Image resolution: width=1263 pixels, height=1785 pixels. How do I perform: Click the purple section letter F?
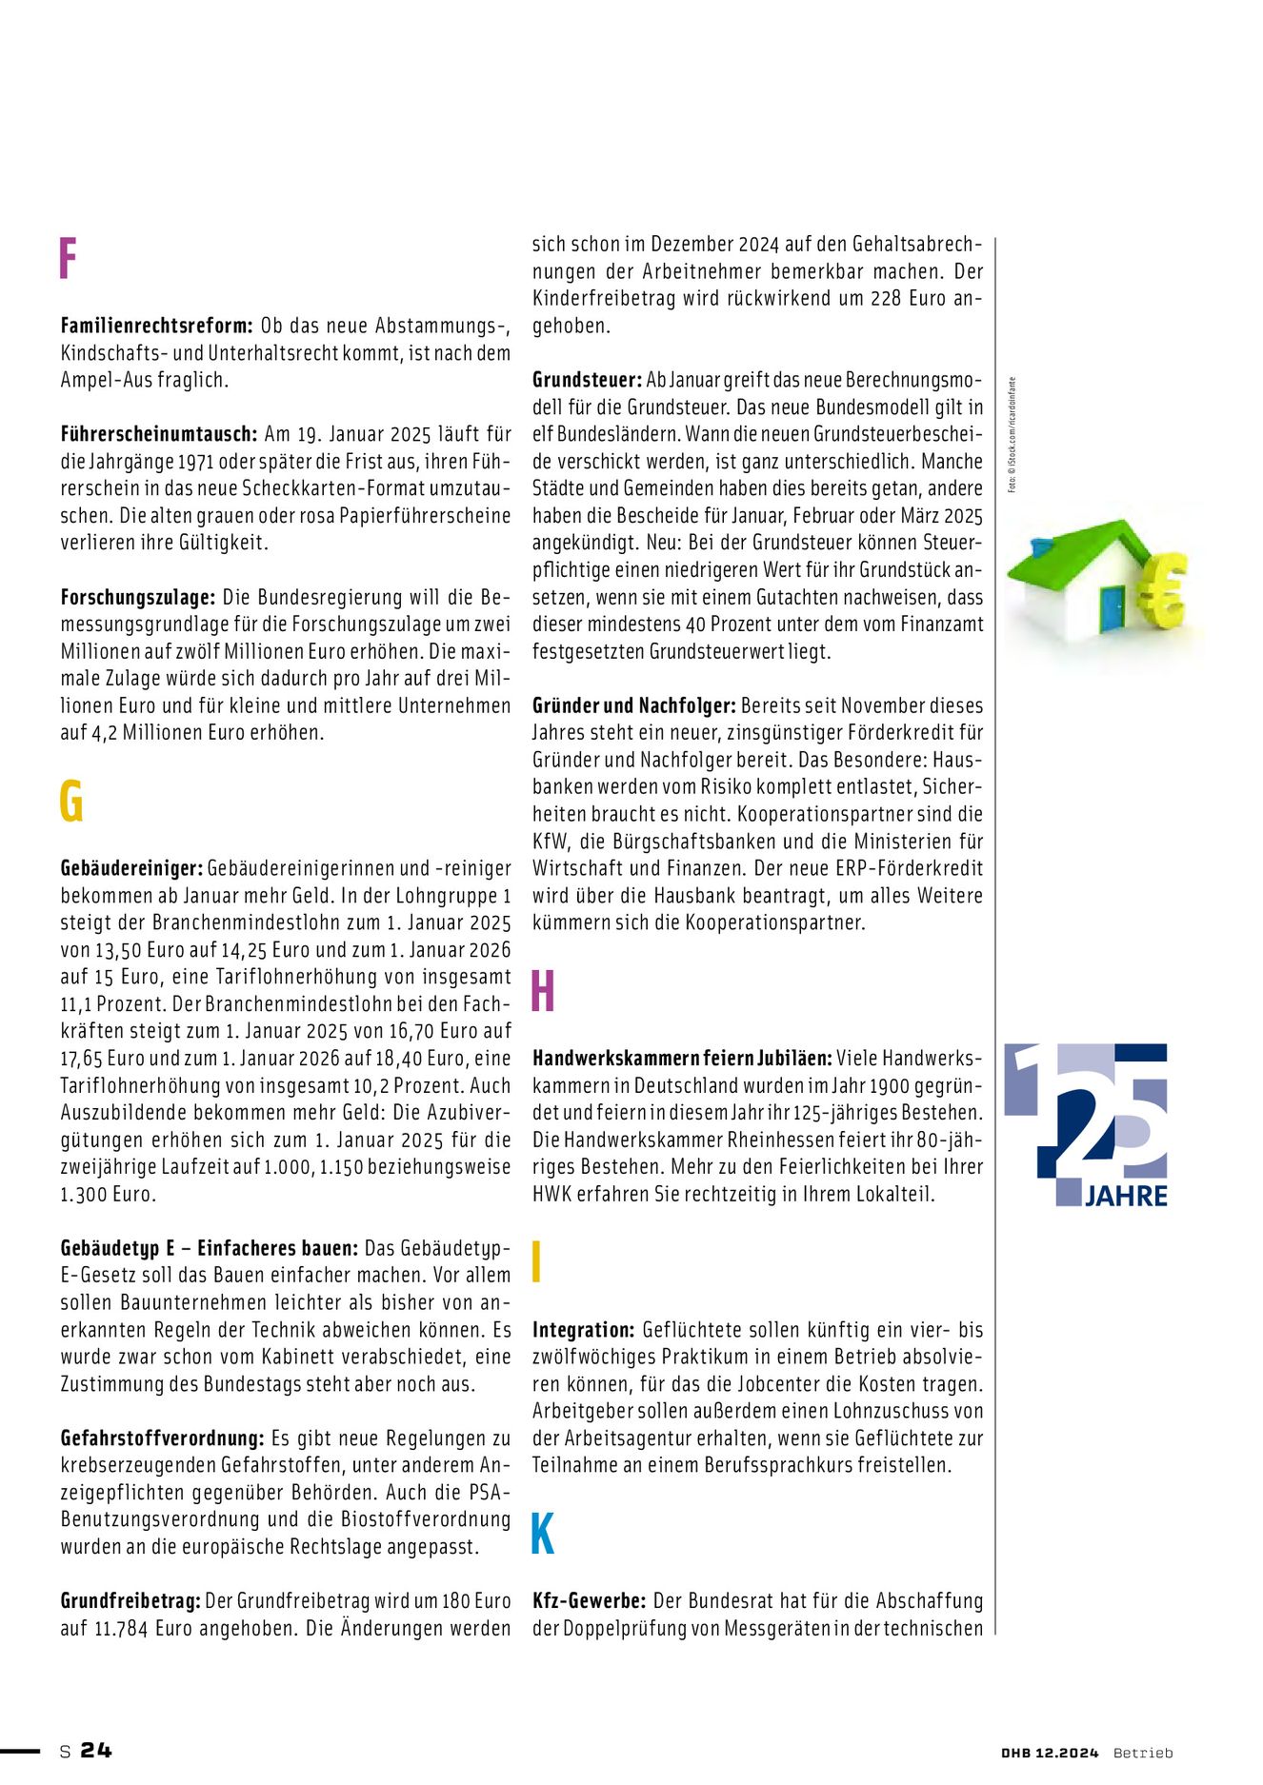pyautogui.click(x=68, y=259)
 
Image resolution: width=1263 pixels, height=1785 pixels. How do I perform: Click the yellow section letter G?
pyautogui.click(x=71, y=801)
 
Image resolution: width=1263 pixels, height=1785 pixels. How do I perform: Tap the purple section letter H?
pyautogui.click(x=543, y=991)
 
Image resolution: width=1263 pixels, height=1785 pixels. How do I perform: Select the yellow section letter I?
pyautogui.click(x=537, y=1261)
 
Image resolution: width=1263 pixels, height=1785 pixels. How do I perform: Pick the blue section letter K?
pyautogui.click(x=543, y=1534)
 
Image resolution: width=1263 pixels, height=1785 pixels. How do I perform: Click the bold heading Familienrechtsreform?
pyautogui.click(x=156, y=326)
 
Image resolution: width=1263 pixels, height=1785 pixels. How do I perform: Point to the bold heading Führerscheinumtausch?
pyautogui.click(x=158, y=434)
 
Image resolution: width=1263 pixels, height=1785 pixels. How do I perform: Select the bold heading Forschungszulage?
pyautogui.click(x=137, y=598)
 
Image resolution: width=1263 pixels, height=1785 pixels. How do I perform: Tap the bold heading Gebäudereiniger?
pyautogui.click(x=131, y=868)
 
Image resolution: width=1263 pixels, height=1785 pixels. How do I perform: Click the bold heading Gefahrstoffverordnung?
pyautogui.click(x=162, y=1438)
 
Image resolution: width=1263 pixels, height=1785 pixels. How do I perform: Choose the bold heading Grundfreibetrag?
pyautogui.click(x=130, y=1601)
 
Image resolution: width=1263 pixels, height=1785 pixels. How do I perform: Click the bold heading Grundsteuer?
pyautogui.click(x=587, y=380)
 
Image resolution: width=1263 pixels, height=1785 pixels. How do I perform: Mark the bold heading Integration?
pyautogui.click(x=583, y=1330)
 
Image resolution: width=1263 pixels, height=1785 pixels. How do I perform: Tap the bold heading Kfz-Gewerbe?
pyautogui.click(x=589, y=1601)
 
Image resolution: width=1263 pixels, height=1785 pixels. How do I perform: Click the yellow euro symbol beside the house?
pyautogui.click(x=1162, y=592)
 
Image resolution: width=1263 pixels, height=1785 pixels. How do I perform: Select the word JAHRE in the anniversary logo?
pyautogui.click(x=1126, y=1196)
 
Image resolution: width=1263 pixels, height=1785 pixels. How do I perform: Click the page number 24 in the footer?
pyautogui.click(x=96, y=1750)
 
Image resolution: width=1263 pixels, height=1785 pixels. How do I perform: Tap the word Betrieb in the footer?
pyautogui.click(x=1143, y=1753)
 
